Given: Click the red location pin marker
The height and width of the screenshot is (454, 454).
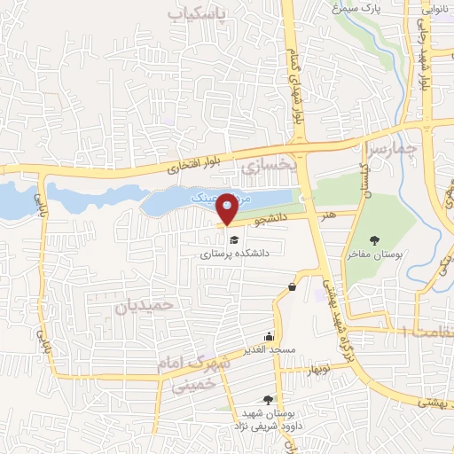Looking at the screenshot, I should [x=227, y=207].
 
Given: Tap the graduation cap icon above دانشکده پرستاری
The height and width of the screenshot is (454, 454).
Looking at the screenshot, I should [x=233, y=239].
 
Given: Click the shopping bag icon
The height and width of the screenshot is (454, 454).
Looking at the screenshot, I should [x=293, y=286].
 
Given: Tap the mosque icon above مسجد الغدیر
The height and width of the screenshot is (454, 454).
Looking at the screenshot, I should [x=270, y=336].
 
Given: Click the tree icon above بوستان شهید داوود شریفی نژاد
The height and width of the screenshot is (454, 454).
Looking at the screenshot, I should [x=281, y=400].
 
